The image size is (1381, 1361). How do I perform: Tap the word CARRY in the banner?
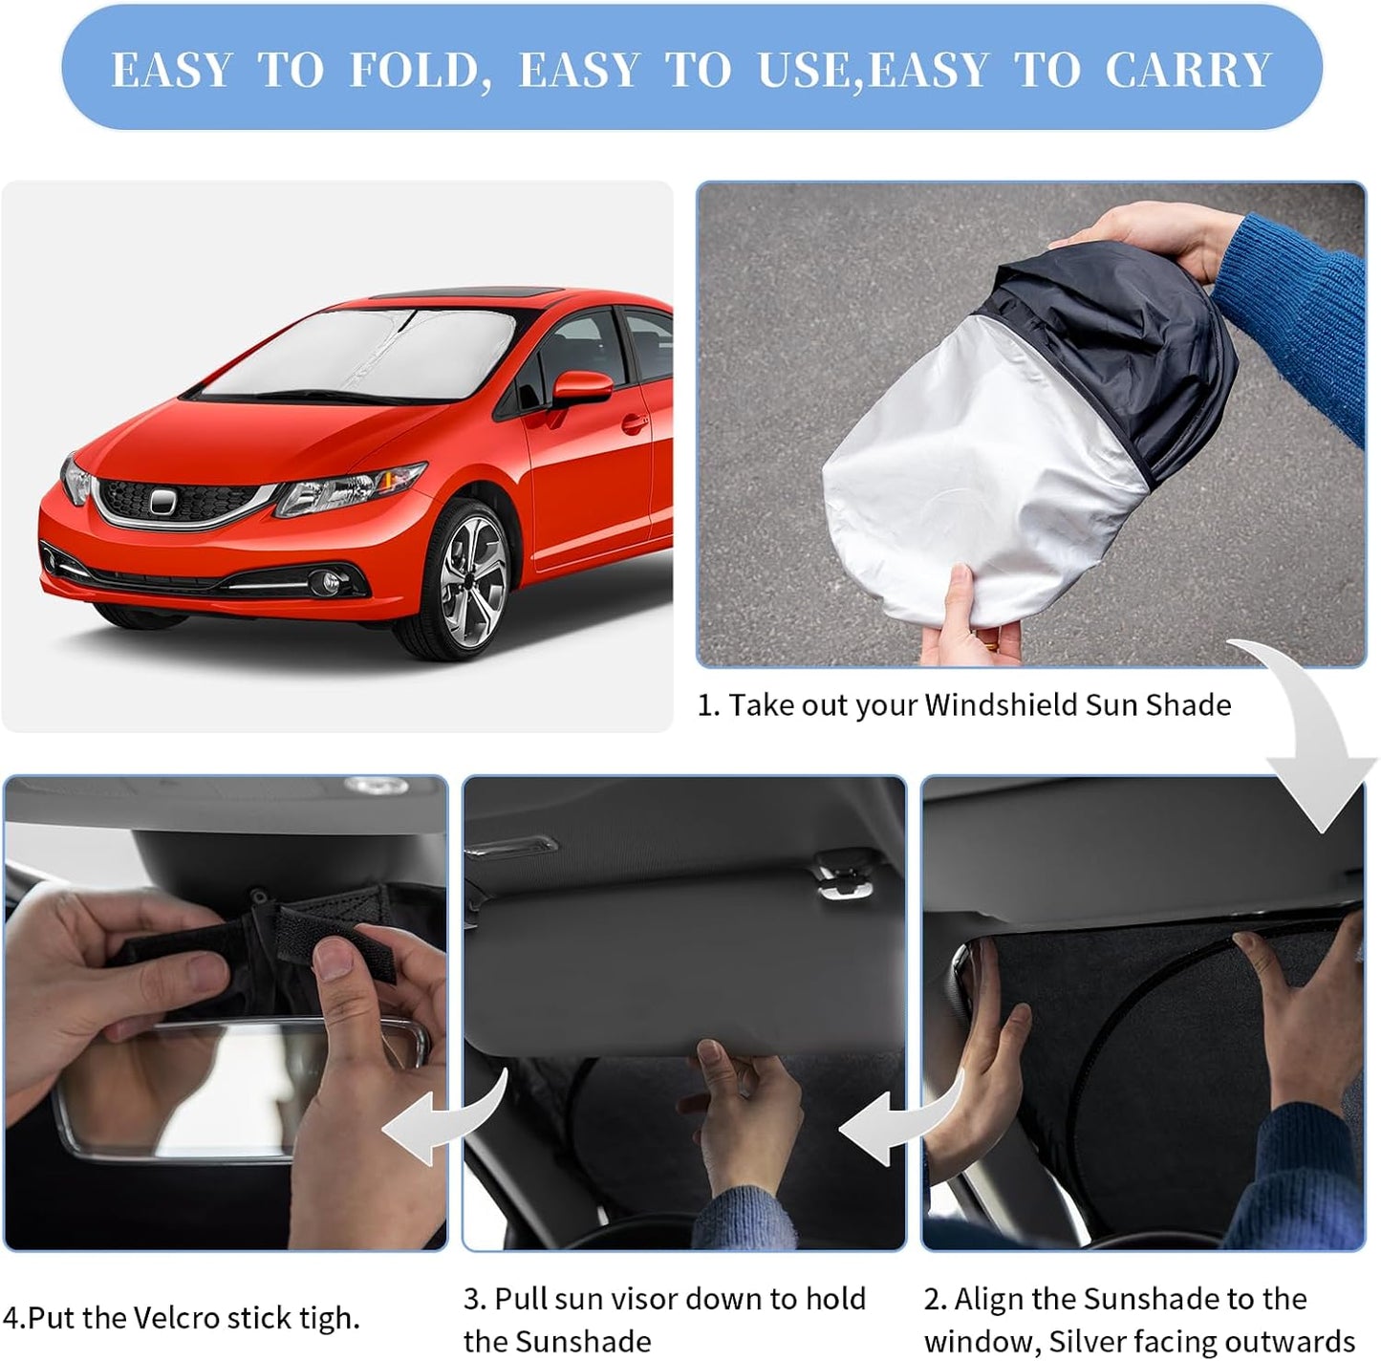coord(1188,70)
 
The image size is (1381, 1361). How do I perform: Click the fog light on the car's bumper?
coord(324,580)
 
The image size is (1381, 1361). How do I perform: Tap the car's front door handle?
coord(632,421)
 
